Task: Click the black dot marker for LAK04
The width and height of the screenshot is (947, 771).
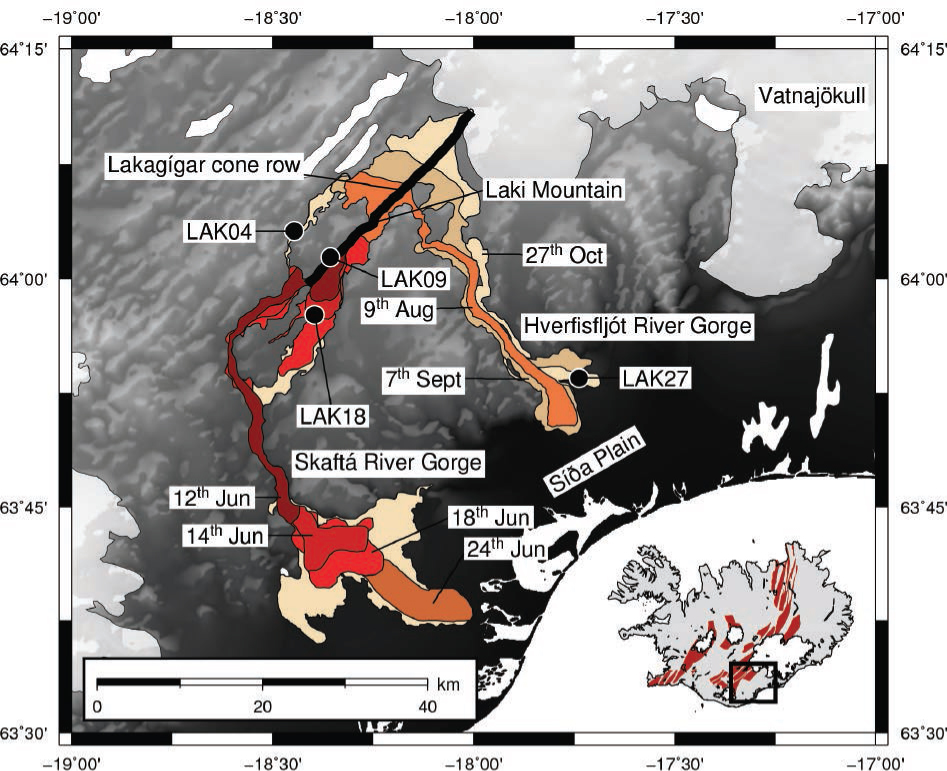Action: point(294,231)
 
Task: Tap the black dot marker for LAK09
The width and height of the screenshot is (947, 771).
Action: point(331,257)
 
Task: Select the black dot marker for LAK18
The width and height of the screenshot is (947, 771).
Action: point(315,314)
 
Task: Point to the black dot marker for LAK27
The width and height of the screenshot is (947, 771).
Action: point(579,377)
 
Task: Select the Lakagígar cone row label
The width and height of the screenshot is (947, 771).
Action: point(203,166)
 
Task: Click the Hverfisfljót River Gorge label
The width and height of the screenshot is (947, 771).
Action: point(637,326)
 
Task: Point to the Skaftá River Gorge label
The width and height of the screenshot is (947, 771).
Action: point(387,463)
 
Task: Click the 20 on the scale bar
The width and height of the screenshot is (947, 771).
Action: point(262,706)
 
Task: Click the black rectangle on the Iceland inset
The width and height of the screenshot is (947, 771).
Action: point(753,682)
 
